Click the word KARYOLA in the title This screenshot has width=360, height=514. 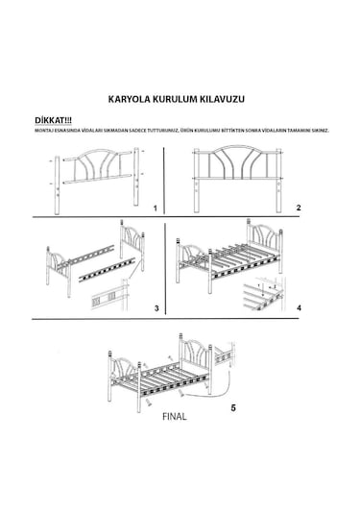[x=132, y=98]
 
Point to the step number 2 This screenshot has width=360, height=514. [x=300, y=208]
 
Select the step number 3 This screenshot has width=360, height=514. [x=156, y=306]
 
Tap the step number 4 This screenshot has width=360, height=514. [x=300, y=306]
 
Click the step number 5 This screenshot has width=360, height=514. [x=233, y=405]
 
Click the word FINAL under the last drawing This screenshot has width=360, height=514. [x=175, y=418]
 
